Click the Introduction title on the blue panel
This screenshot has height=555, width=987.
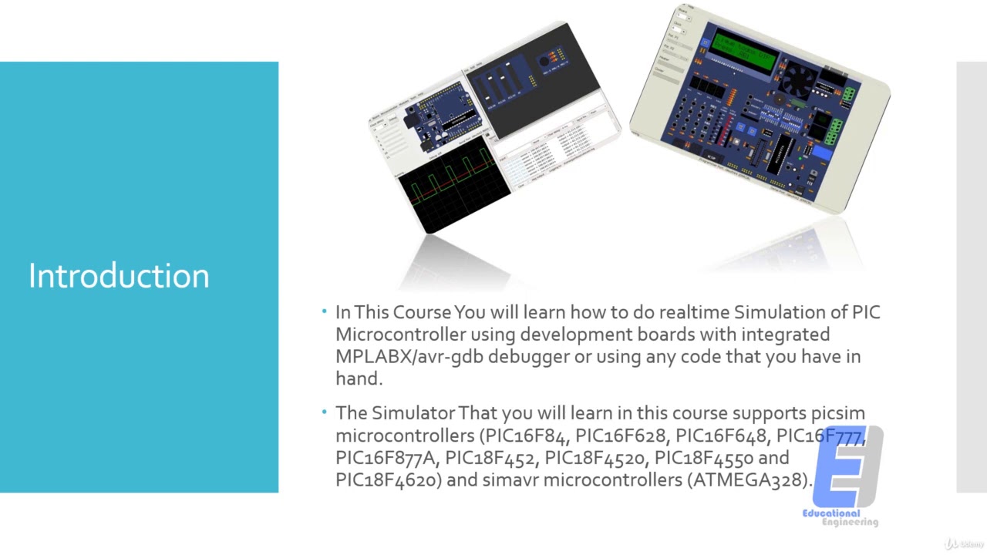(119, 276)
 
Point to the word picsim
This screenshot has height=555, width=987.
(837, 413)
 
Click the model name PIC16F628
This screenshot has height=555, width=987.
(621, 436)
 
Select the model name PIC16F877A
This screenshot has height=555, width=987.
(386, 458)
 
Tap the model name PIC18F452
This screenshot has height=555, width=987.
(490, 458)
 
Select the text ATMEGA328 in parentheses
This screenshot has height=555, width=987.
(747, 479)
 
